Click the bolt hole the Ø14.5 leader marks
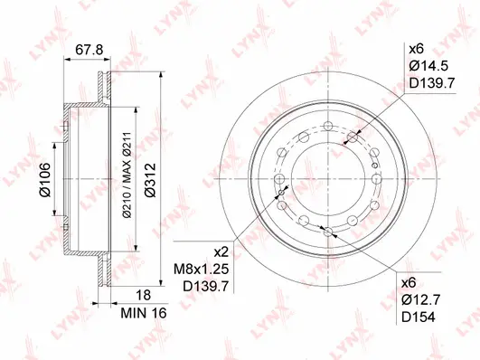click(x=351, y=137)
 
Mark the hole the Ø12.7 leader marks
click(x=326, y=232)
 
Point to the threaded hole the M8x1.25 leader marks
click(x=283, y=192)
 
